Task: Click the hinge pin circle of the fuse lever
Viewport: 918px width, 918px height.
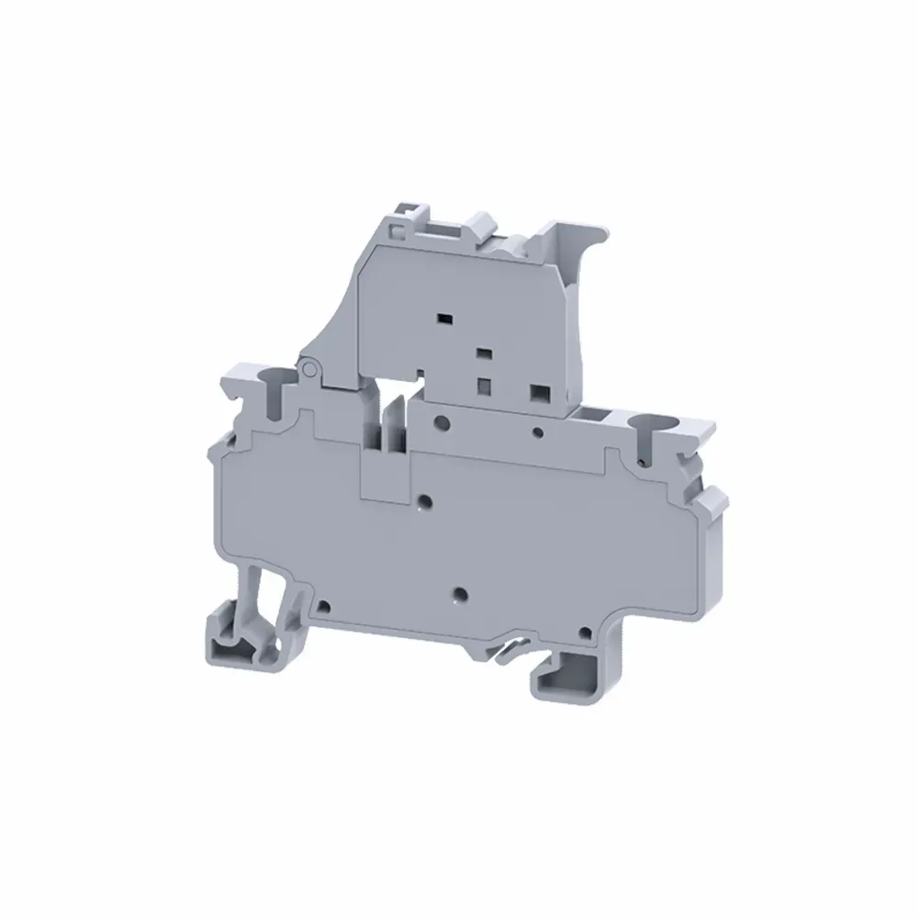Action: click(x=309, y=368)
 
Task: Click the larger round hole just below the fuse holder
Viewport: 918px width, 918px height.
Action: click(x=442, y=423)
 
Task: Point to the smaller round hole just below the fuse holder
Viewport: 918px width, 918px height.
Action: click(x=539, y=430)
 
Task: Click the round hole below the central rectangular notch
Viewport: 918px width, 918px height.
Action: click(x=424, y=501)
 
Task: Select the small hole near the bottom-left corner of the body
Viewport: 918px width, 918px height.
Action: click(x=324, y=606)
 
